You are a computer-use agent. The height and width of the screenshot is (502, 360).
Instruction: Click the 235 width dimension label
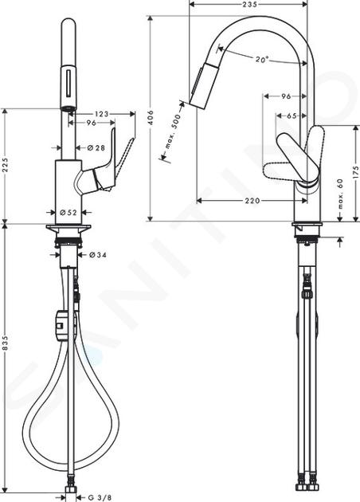249,4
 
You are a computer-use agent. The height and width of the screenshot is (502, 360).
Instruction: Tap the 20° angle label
262,59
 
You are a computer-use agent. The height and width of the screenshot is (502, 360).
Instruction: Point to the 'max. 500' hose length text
173,131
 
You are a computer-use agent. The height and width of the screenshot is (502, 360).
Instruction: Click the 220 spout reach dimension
252,201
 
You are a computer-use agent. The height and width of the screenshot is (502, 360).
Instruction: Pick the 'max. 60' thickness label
340,194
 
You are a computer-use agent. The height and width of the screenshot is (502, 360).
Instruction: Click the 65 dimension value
292,116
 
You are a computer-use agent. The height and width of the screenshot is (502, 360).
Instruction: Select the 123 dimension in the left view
101,114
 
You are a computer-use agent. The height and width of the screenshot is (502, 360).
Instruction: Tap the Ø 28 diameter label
96,147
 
